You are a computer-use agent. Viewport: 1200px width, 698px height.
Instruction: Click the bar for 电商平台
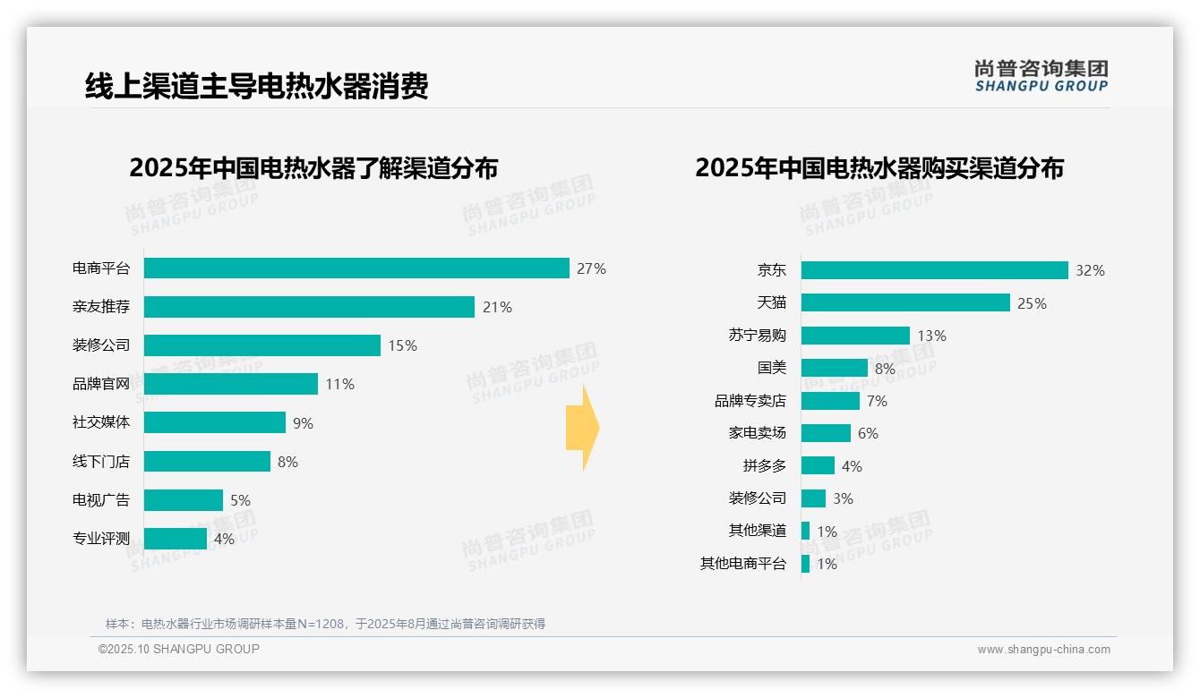click(356, 268)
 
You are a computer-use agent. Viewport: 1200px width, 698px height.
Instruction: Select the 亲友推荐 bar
click(309, 307)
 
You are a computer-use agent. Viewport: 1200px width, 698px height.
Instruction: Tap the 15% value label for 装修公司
click(402, 345)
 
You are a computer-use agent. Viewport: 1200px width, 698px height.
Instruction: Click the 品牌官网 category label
click(101, 384)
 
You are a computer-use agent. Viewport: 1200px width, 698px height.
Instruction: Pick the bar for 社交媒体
click(215, 422)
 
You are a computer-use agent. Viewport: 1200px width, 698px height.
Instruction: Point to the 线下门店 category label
click(101, 462)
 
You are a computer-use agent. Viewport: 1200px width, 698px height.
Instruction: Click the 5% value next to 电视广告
click(240, 500)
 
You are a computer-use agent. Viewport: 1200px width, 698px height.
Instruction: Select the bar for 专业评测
click(176, 539)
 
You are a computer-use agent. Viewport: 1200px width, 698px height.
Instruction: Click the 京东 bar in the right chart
click(934, 270)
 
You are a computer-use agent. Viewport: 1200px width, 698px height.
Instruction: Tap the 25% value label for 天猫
click(1032, 303)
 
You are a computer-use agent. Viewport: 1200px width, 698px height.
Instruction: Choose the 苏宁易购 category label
click(757, 336)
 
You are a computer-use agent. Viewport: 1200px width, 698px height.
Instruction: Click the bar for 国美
click(834, 368)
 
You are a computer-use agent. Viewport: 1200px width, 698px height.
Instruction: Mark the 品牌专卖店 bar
click(830, 401)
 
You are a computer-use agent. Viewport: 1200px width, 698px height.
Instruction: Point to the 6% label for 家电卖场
click(868, 433)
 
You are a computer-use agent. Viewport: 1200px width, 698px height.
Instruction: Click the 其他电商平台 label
click(742, 564)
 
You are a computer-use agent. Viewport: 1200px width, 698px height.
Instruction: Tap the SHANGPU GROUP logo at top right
click(1041, 76)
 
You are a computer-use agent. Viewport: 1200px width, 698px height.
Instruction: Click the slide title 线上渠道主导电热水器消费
click(257, 86)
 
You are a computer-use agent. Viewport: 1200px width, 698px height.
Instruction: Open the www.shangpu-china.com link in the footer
click(1043, 650)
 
